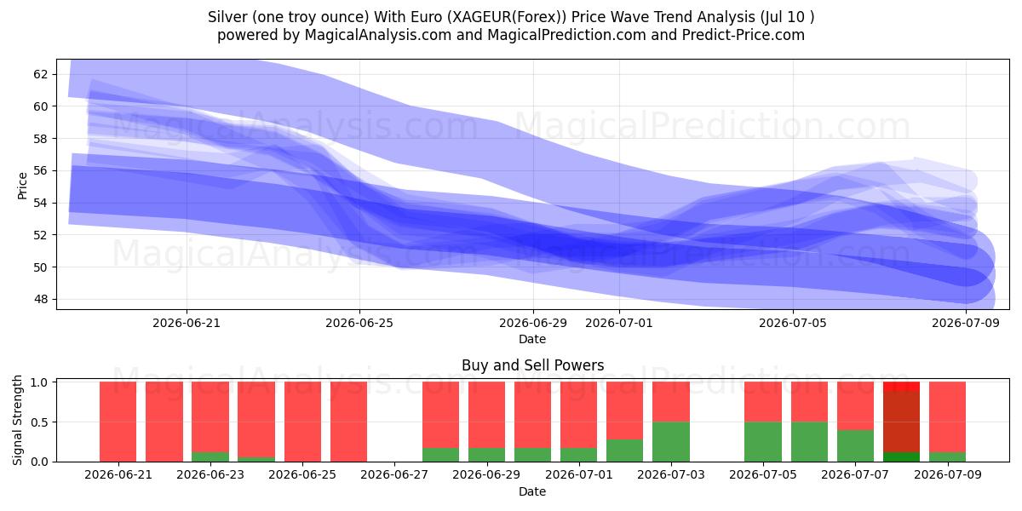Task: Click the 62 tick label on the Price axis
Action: [x=40, y=74]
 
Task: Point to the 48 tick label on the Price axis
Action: [x=40, y=299]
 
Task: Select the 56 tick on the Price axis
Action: [x=40, y=170]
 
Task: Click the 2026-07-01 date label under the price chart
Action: [x=618, y=323]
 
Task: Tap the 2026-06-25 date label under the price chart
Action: [x=359, y=323]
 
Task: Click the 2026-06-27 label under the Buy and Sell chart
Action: [x=394, y=474]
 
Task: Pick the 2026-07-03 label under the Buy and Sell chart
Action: [x=671, y=474]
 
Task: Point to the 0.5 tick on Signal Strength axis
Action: [x=39, y=422]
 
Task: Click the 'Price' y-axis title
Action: [x=22, y=187]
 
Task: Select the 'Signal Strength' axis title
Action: [x=17, y=420]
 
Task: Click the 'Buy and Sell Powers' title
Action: [x=532, y=365]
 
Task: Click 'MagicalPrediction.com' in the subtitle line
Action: [x=566, y=35]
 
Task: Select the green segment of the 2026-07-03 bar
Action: [x=671, y=442]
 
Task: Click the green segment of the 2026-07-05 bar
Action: [x=763, y=442]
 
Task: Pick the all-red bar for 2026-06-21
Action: [x=118, y=422]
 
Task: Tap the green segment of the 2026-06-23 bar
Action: [x=210, y=456]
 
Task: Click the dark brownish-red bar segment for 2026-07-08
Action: [x=902, y=422]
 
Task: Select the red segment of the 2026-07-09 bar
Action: [x=948, y=417]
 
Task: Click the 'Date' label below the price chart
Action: [x=532, y=339]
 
